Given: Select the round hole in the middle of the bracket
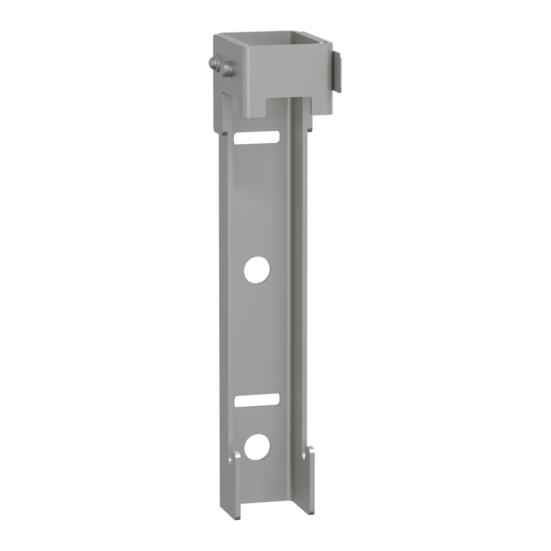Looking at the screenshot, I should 257,270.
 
